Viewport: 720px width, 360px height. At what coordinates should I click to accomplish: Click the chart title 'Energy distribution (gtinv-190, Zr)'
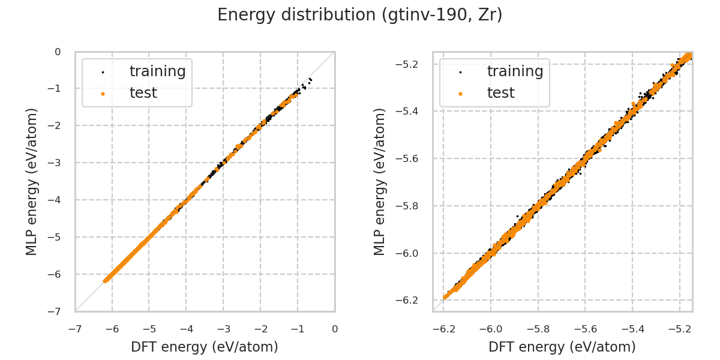[360, 15]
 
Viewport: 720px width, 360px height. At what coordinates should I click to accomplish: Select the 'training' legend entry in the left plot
[157, 71]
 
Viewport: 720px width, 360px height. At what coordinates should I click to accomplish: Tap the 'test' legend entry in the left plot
[143, 93]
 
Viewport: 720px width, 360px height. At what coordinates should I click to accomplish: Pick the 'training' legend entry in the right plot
[515, 71]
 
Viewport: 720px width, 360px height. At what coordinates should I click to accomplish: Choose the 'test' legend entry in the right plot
[500, 93]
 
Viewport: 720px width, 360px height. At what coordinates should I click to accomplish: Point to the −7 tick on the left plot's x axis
[75, 329]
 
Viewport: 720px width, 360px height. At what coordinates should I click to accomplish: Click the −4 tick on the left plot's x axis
[186, 329]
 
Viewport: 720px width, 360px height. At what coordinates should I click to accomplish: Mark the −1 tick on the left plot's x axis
[298, 329]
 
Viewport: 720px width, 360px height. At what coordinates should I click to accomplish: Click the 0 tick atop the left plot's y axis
[58, 52]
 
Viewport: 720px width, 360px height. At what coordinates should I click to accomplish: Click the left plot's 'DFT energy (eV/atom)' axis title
[205, 347]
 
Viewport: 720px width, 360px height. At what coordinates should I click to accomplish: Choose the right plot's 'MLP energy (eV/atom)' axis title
[380, 182]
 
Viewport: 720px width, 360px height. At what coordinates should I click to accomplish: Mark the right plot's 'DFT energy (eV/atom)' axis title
[562, 347]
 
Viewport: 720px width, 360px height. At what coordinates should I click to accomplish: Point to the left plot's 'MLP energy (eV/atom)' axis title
[32, 182]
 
